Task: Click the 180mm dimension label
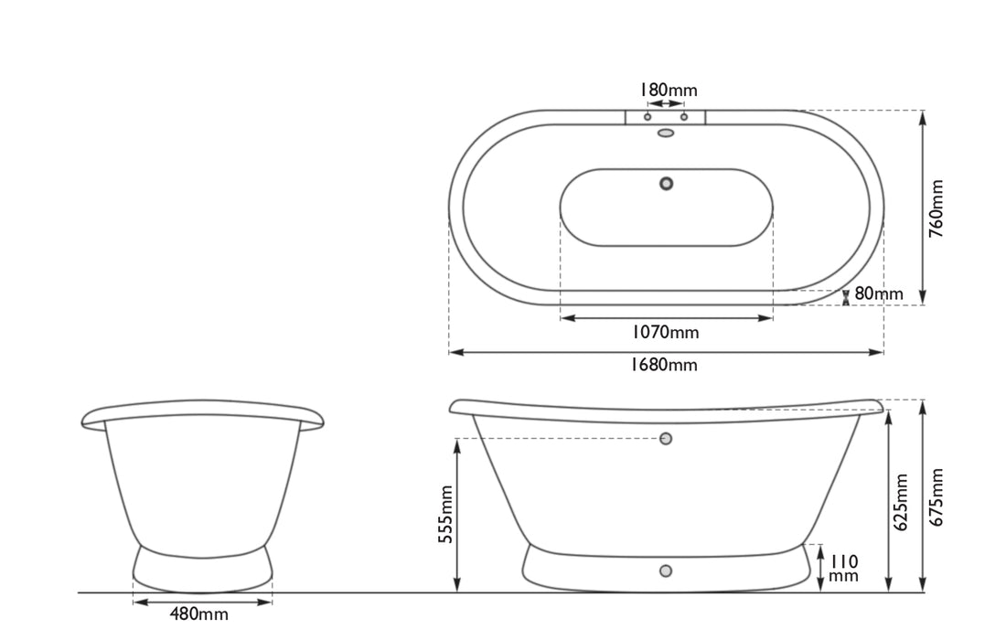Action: [668, 90]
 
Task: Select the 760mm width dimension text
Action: [937, 208]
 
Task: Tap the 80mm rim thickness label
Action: [878, 294]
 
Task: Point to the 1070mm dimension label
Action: [667, 332]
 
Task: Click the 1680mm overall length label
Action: [666, 366]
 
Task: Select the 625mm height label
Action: [901, 502]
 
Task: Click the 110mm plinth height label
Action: [843, 567]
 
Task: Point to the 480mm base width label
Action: [198, 614]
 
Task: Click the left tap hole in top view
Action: [647, 117]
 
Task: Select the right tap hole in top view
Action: [684, 117]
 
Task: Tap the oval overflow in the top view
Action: [666, 133]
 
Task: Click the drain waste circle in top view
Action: [666, 183]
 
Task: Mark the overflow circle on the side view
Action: [666, 439]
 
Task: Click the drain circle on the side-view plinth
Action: [666, 571]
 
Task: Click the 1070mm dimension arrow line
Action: [666, 318]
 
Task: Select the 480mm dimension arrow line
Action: [203, 602]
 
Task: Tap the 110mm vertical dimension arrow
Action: [820, 568]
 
